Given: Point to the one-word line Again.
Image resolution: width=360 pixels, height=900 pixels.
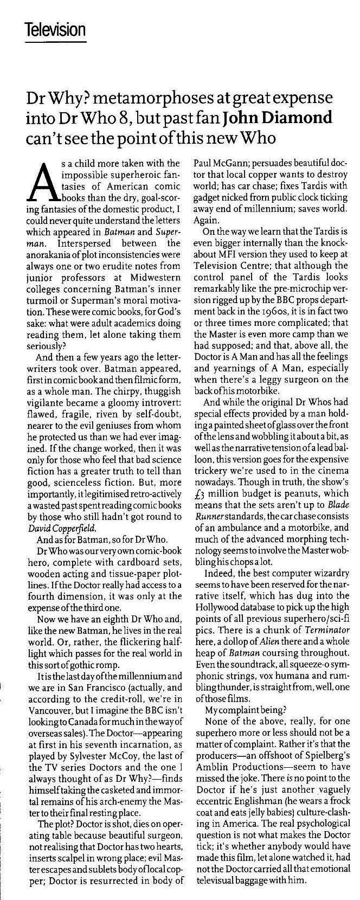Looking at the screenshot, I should (205, 221).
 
